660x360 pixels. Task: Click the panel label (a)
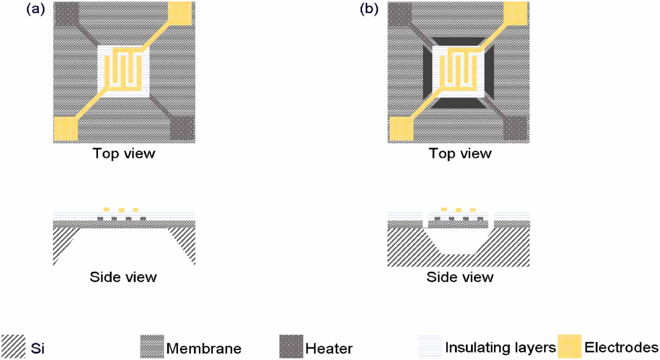point(36,9)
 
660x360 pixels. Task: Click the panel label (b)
point(369,9)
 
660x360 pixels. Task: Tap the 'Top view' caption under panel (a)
point(124,153)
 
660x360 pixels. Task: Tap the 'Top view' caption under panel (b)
point(460,153)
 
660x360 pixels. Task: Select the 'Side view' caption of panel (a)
point(123,277)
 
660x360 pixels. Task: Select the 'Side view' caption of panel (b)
point(460,277)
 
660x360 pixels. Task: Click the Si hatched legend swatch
point(13,346)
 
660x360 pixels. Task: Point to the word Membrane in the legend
point(204,349)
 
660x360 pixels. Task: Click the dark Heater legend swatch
point(291,346)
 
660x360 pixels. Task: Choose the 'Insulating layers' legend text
point(500,347)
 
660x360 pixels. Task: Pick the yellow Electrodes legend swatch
point(569,346)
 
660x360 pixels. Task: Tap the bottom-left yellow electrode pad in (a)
point(66,129)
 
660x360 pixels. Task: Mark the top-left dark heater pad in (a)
point(66,14)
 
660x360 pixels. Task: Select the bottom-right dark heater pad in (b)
point(515,128)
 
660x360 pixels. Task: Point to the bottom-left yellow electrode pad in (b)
point(401,129)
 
